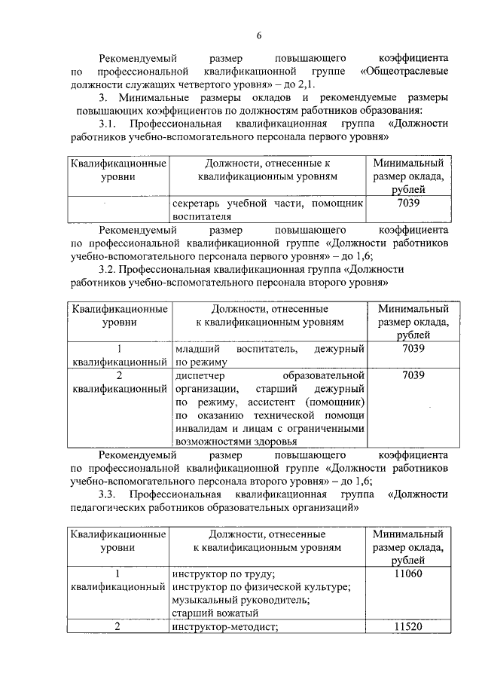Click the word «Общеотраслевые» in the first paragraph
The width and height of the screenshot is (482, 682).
(x=405, y=71)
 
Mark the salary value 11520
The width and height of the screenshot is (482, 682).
(x=409, y=627)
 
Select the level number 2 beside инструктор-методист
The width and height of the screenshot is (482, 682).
(x=117, y=627)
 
